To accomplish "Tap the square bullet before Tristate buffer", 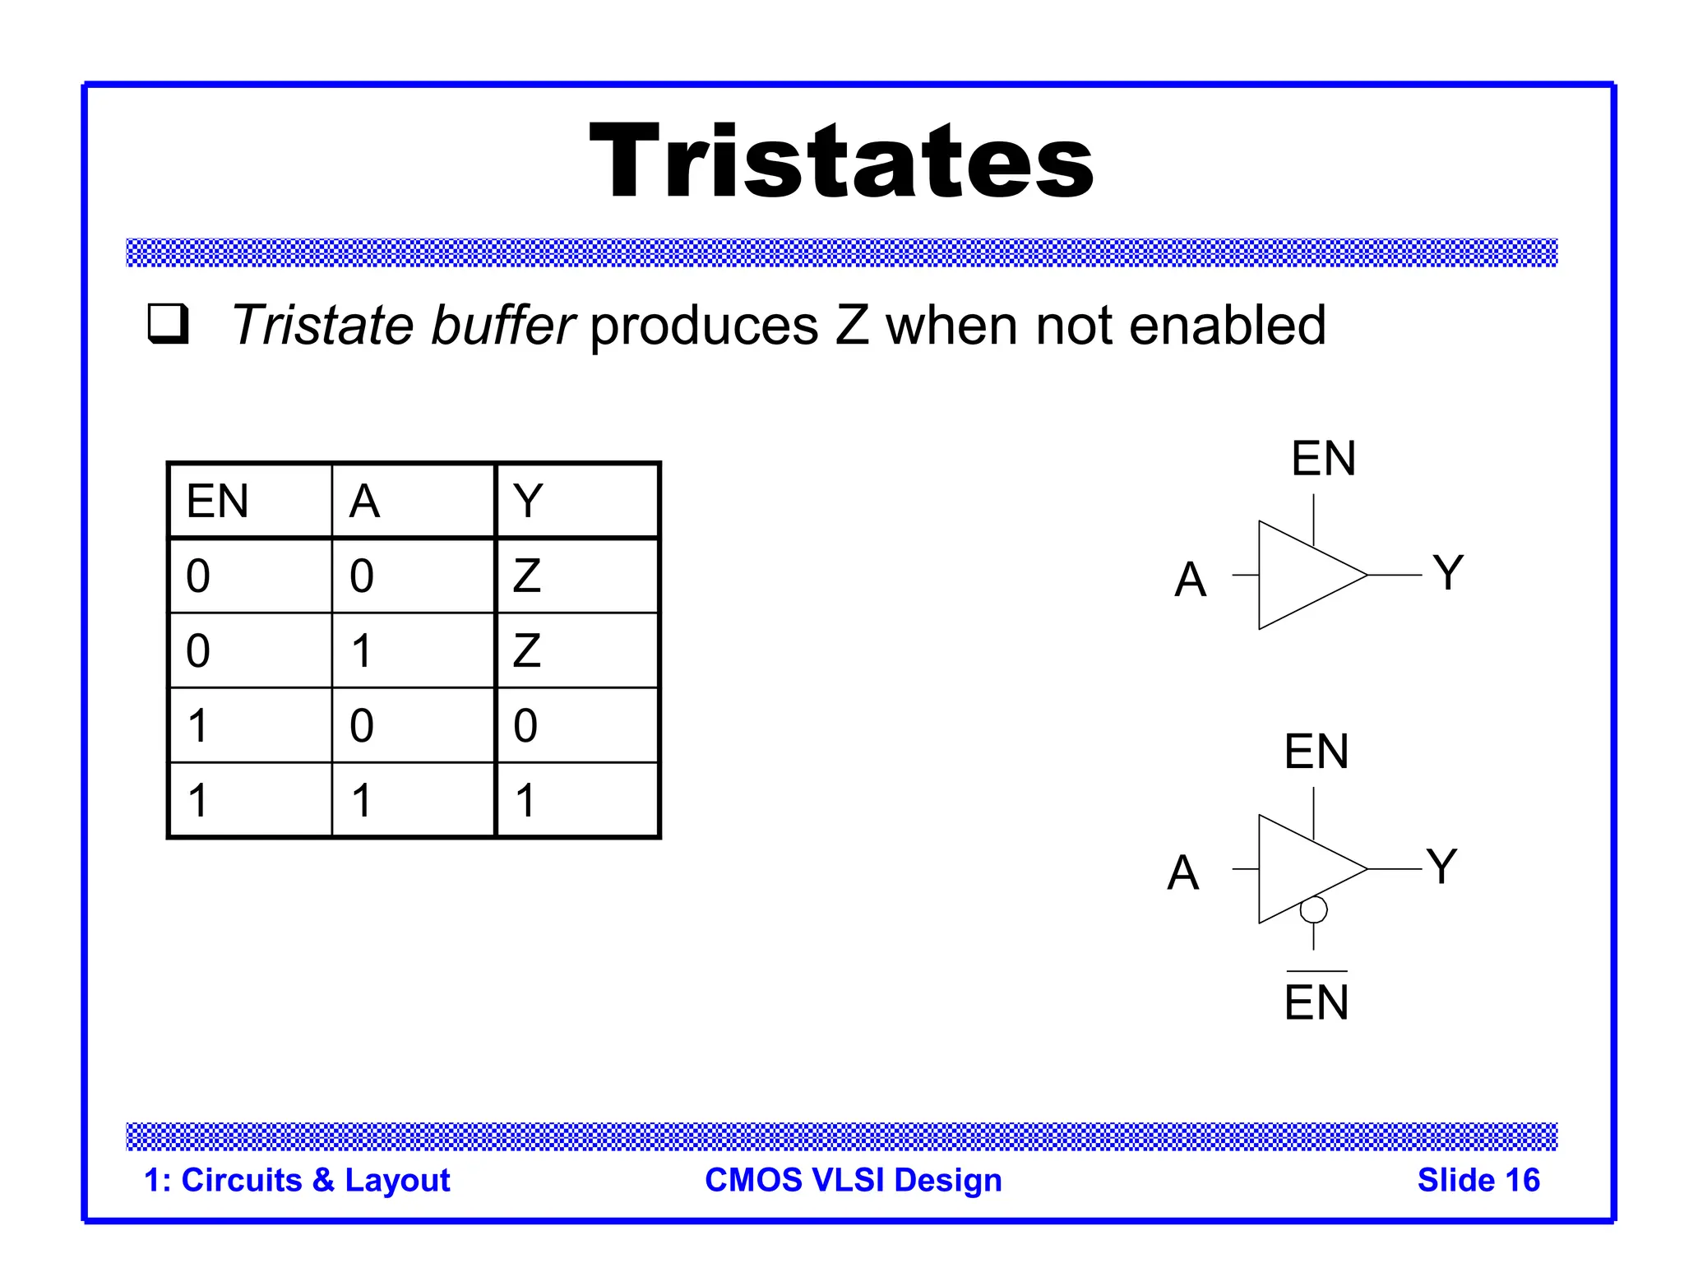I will click(x=169, y=323).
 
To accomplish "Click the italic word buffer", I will click(x=502, y=325).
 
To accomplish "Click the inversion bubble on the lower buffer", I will click(x=1313, y=909).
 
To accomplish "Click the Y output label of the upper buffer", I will click(x=1448, y=573).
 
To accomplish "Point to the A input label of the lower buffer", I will click(x=1183, y=872).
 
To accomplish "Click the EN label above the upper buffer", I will click(x=1323, y=458).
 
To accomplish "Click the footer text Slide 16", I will click(x=1478, y=1180).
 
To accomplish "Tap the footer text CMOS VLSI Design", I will click(x=854, y=1180).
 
